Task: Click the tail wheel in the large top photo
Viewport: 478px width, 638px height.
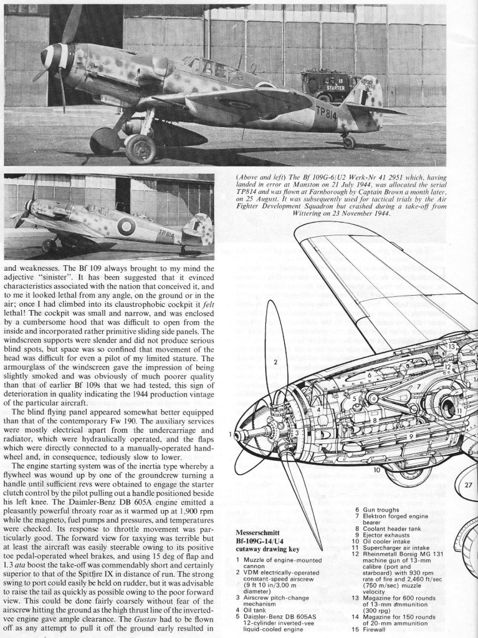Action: click(x=349, y=142)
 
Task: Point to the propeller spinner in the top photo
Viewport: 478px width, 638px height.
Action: click(x=52, y=58)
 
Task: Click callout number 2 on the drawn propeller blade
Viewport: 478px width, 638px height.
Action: click(x=274, y=361)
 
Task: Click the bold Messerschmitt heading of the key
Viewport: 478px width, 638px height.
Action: click(x=261, y=533)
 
